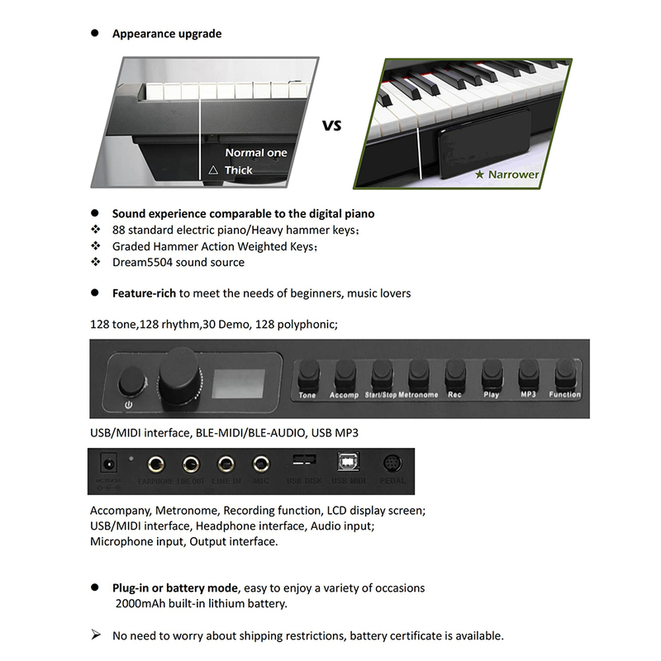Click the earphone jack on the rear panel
pyautogui.click(x=154, y=464)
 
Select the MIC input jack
pyautogui.click(x=261, y=464)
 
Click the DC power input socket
pyautogui.click(x=107, y=464)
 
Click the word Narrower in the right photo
pyautogui.click(x=513, y=174)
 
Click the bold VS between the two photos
pyautogui.click(x=331, y=126)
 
